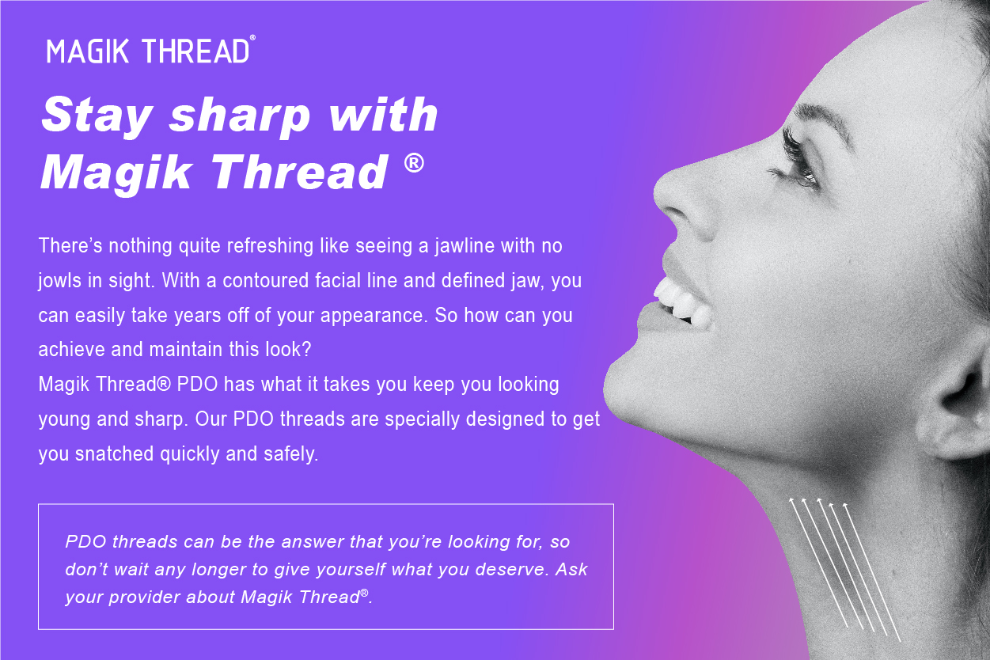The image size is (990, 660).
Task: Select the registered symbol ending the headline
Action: pos(413,164)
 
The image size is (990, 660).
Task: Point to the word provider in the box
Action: pos(142,597)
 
